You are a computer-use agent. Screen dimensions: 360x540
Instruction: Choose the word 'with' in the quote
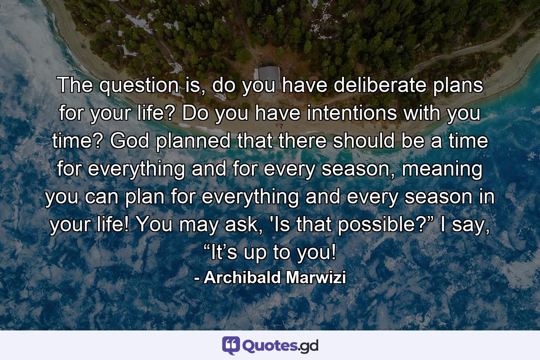point(421,114)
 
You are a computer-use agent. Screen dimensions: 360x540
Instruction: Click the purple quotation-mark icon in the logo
point(231,345)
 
